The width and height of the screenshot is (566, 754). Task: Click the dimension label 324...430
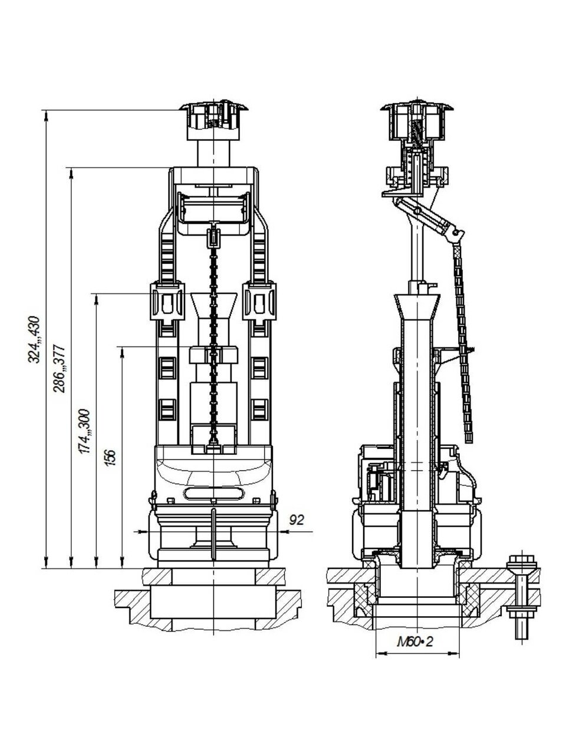point(34,339)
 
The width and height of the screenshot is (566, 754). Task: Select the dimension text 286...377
point(59,368)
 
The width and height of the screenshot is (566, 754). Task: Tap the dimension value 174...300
point(84,431)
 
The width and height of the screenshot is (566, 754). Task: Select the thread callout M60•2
point(415,641)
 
